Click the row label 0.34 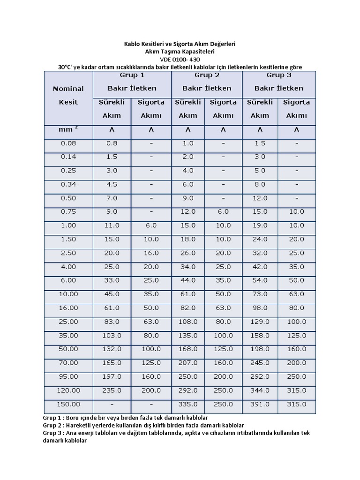68,185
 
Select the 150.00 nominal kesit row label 68,404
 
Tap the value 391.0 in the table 260,404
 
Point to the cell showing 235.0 112,390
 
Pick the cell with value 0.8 112,143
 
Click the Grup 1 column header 132,75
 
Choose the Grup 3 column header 279,75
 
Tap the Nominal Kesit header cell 68,95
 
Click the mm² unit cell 68,130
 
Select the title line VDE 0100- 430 180,60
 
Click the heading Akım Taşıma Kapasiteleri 180,52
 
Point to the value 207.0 188,363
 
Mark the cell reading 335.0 188,404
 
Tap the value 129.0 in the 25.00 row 260,322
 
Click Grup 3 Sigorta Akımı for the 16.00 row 296,308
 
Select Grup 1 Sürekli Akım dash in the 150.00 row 112,404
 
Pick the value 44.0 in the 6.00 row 188,280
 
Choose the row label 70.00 68,363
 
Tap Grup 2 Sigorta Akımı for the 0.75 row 223,212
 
